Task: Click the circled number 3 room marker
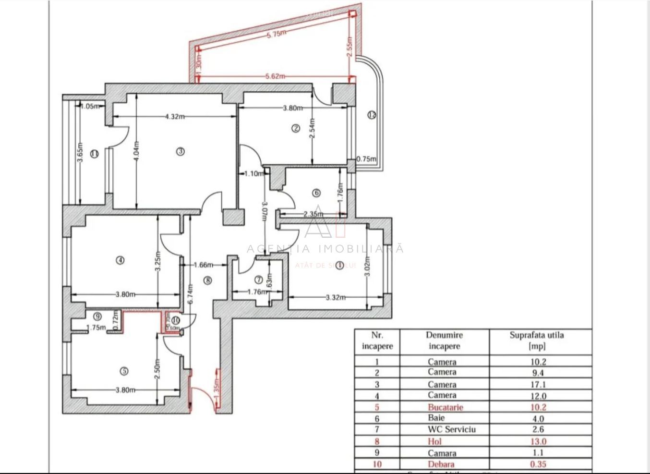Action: click(181, 151)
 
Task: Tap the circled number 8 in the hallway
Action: click(207, 280)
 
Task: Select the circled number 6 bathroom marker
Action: click(316, 193)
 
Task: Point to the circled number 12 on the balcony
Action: click(372, 115)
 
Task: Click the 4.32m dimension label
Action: click(175, 116)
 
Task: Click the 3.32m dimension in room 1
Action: click(336, 297)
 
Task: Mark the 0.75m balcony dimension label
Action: click(366, 159)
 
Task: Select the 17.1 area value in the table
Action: click(538, 385)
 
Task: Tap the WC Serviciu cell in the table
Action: click(451, 429)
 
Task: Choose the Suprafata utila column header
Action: click(536, 340)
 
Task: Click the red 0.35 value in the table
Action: click(538, 464)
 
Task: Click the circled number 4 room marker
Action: click(120, 260)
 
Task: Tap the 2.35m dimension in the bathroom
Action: click(313, 214)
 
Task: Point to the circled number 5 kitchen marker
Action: click(124, 371)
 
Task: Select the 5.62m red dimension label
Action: click(275, 76)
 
